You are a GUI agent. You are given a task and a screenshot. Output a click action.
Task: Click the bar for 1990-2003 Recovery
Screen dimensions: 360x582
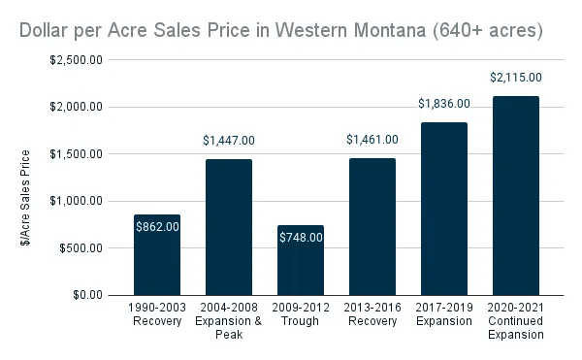(x=157, y=267)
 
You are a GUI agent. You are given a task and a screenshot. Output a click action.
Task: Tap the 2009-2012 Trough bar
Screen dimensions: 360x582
(x=300, y=272)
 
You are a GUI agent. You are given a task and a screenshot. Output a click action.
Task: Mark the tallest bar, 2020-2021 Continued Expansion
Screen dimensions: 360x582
(x=515, y=195)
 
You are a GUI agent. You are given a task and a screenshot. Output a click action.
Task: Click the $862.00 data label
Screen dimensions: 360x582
(x=157, y=227)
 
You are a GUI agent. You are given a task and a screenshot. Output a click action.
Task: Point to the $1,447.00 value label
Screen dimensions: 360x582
(x=229, y=141)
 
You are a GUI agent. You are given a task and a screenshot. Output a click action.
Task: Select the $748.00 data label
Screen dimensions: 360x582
(x=300, y=237)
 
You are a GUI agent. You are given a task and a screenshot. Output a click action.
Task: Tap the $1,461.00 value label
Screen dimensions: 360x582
(x=372, y=140)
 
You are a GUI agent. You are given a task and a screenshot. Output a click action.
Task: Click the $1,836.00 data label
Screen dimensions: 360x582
(x=443, y=104)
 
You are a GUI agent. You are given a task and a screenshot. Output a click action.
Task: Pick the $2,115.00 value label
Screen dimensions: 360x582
(x=515, y=78)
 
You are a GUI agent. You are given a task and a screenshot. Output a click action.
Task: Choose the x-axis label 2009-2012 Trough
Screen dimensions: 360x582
(x=300, y=313)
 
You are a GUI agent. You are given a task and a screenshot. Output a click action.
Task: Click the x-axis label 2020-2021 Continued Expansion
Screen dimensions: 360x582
(x=515, y=320)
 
